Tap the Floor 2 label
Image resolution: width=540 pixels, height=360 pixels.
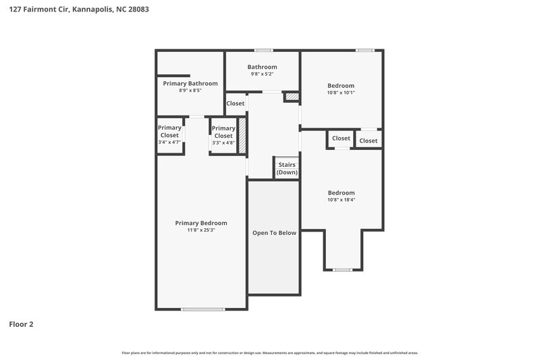click(x=21, y=324)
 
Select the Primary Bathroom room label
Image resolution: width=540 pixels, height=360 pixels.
click(x=190, y=83)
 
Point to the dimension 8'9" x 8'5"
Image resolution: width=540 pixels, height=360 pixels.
click(x=190, y=91)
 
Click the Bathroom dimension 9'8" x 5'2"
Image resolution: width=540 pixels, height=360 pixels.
click(x=262, y=74)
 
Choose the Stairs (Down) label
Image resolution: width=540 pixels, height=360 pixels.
click(x=286, y=169)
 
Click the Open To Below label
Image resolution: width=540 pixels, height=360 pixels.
click(x=274, y=233)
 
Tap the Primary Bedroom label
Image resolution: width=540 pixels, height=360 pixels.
click(x=201, y=223)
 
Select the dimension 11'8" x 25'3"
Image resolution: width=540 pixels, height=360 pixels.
click(x=201, y=230)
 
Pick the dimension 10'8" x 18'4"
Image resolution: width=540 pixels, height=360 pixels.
click(x=341, y=200)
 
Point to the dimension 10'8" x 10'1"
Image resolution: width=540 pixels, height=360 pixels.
click(x=341, y=93)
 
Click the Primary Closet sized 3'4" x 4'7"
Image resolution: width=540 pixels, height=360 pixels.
click(x=169, y=134)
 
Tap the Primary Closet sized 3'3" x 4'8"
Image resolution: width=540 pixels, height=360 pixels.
click(x=223, y=135)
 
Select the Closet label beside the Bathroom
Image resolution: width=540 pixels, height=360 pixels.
click(x=236, y=103)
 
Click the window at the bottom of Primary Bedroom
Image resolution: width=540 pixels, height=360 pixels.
click(x=203, y=309)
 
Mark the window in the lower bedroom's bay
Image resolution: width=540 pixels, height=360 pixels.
click(x=343, y=270)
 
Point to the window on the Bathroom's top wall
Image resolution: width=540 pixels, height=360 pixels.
click(x=263, y=50)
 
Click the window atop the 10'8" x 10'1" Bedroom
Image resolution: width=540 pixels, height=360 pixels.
click(x=364, y=50)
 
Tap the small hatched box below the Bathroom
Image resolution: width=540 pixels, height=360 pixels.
click(x=291, y=97)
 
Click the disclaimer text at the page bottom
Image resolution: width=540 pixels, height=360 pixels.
click(x=270, y=353)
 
